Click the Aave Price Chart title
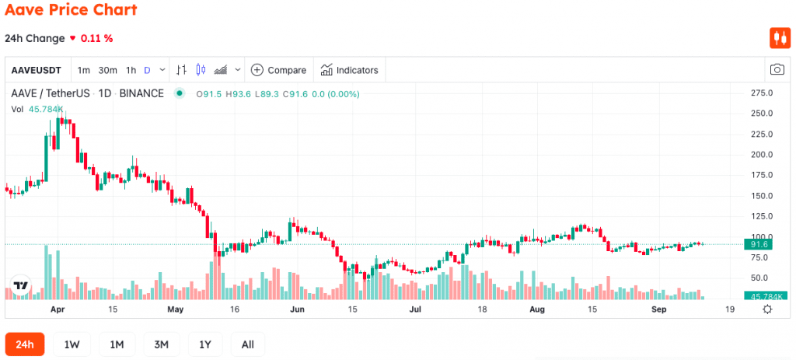coord(71,9)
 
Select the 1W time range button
coord(72,344)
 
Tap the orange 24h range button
coord(24,344)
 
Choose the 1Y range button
coord(205,344)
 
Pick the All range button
coord(248,344)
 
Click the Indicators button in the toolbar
coord(349,70)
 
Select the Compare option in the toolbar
coord(279,70)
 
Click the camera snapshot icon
coord(777,69)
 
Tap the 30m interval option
coord(107,70)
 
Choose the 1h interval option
coord(131,70)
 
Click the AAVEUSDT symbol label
coord(36,70)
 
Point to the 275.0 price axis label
coord(762,93)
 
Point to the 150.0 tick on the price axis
coord(762,196)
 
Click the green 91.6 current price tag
coord(758,245)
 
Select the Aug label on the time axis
coord(536,309)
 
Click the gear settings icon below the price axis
coord(767,309)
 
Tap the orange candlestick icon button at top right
coord(780,38)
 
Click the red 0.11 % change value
coord(97,38)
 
